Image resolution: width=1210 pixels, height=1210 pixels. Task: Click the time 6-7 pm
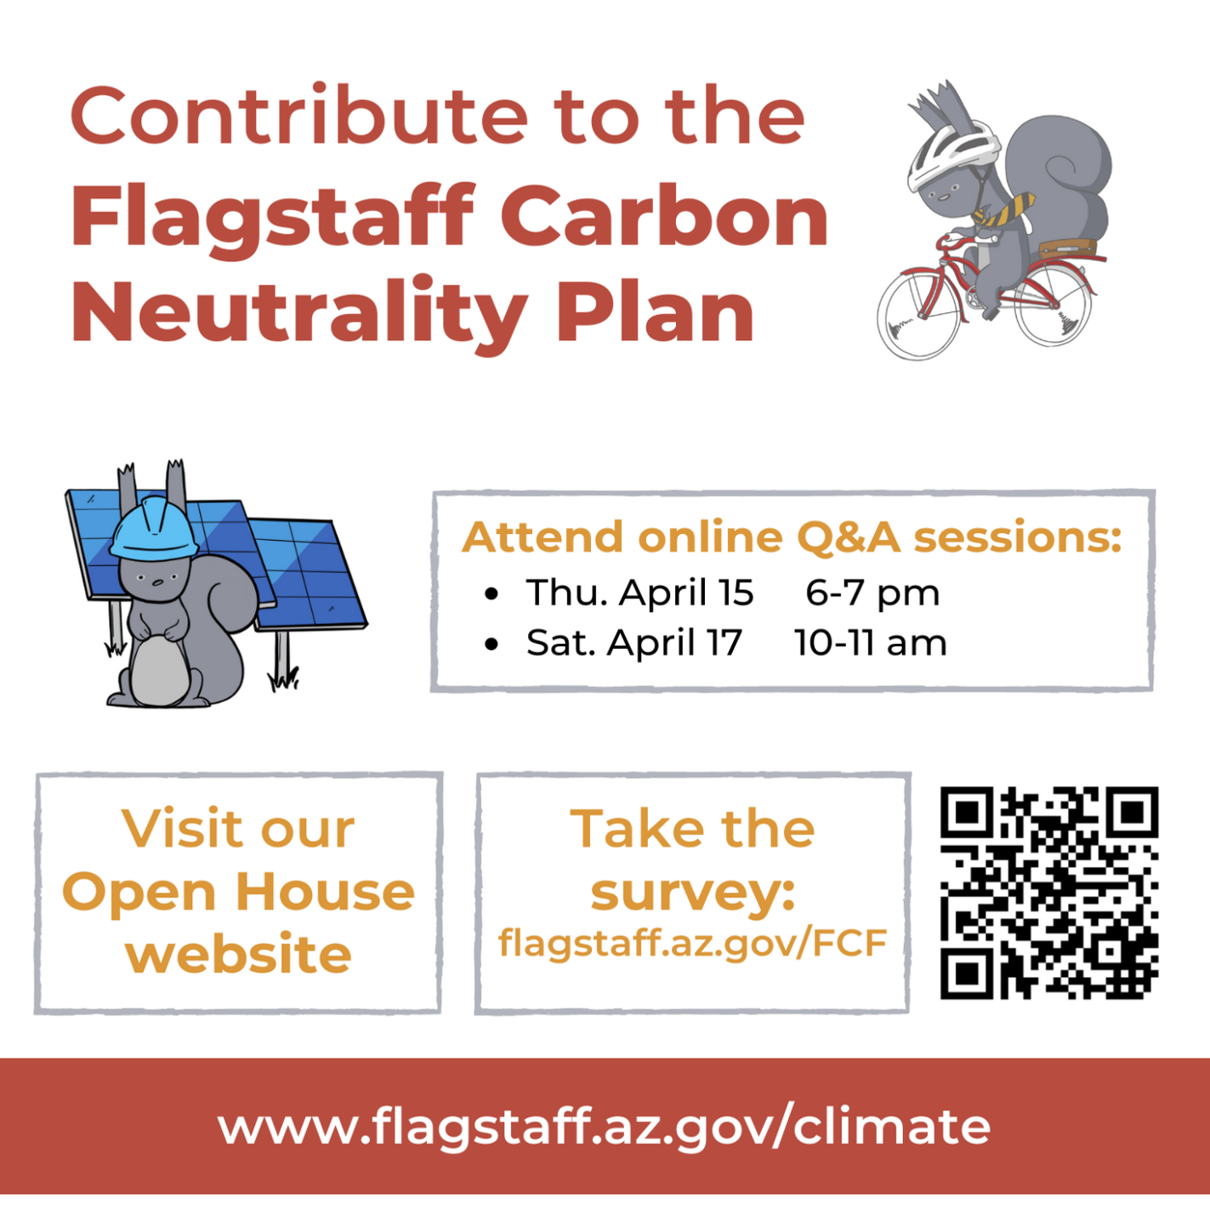872,593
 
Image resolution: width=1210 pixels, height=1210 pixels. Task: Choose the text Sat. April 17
634,643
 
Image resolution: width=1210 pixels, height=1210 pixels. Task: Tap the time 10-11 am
870,643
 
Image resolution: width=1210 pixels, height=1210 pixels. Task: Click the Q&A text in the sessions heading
848,537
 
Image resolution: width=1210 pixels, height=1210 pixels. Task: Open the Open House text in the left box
238,892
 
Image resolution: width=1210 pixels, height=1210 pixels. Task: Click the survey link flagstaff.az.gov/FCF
692,942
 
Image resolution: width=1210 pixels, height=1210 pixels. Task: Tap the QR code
1049,893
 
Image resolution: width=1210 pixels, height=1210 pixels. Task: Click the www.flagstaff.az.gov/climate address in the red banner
604,1126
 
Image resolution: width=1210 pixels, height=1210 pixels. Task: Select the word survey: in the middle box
693,893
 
